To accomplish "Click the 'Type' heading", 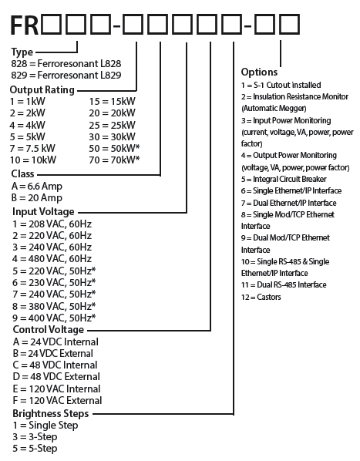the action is tap(22, 52).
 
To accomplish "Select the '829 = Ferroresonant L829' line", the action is tap(66, 76).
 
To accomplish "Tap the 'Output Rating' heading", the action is tap(42, 89).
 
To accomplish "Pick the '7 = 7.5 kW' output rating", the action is tap(32, 149).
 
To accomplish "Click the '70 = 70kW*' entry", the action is tap(114, 160).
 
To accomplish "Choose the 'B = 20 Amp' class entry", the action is tap(37, 197).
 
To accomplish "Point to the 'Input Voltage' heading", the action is tap(43, 212).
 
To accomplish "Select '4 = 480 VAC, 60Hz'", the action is tap(52, 259).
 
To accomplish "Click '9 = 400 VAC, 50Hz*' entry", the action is tap(54, 318).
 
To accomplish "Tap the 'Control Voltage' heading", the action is tap(49, 330).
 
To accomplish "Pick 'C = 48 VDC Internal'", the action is tap(55, 365).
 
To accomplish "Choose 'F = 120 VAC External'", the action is tap(57, 400).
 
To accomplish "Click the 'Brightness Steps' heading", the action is tap(51, 414).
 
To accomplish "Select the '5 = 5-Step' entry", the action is tap(35, 449).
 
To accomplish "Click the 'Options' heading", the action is tap(259, 72).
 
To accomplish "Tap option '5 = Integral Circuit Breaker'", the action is tap(284, 179).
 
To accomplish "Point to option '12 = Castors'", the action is tap(261, 297).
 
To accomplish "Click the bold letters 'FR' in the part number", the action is tap(25, 25).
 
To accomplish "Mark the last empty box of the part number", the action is tap(290, 25).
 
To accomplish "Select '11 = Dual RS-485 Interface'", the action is tap(284, 285).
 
